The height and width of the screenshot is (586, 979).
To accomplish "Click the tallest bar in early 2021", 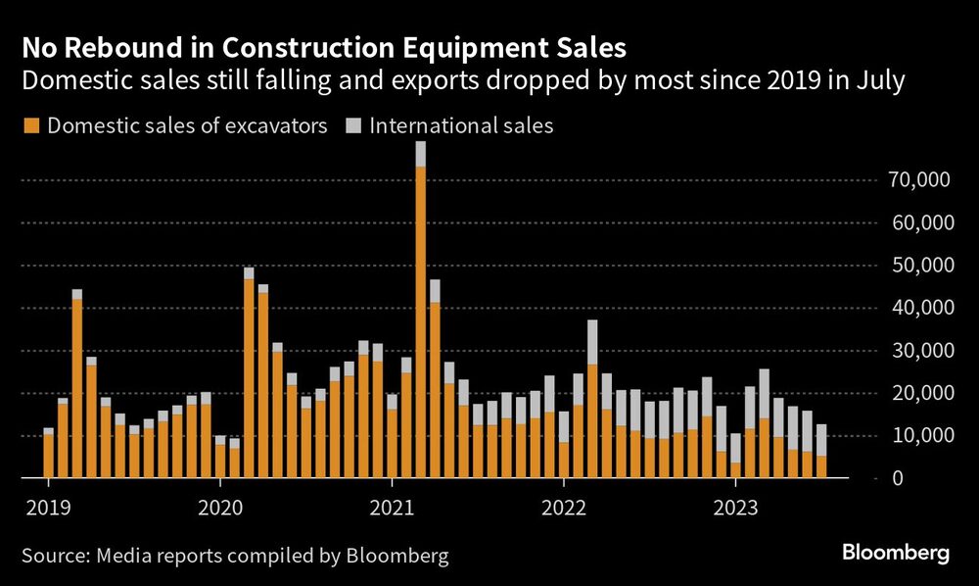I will tap(420, 314).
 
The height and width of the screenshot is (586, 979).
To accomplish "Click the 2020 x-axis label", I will tap(220, 508).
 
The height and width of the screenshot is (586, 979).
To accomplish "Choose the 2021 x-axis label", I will tap(392, 508).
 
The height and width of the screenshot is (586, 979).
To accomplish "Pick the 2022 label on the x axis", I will tap(564, 508).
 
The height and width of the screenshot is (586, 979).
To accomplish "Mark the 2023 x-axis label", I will tap(735, 508).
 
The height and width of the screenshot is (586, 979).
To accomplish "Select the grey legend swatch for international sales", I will tap(353, 125).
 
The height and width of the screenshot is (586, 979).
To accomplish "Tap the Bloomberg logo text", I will tap(896, 554).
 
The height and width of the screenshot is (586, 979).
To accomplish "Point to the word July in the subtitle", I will tap(877, 82).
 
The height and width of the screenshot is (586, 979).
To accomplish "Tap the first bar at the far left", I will tap(49, 454).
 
